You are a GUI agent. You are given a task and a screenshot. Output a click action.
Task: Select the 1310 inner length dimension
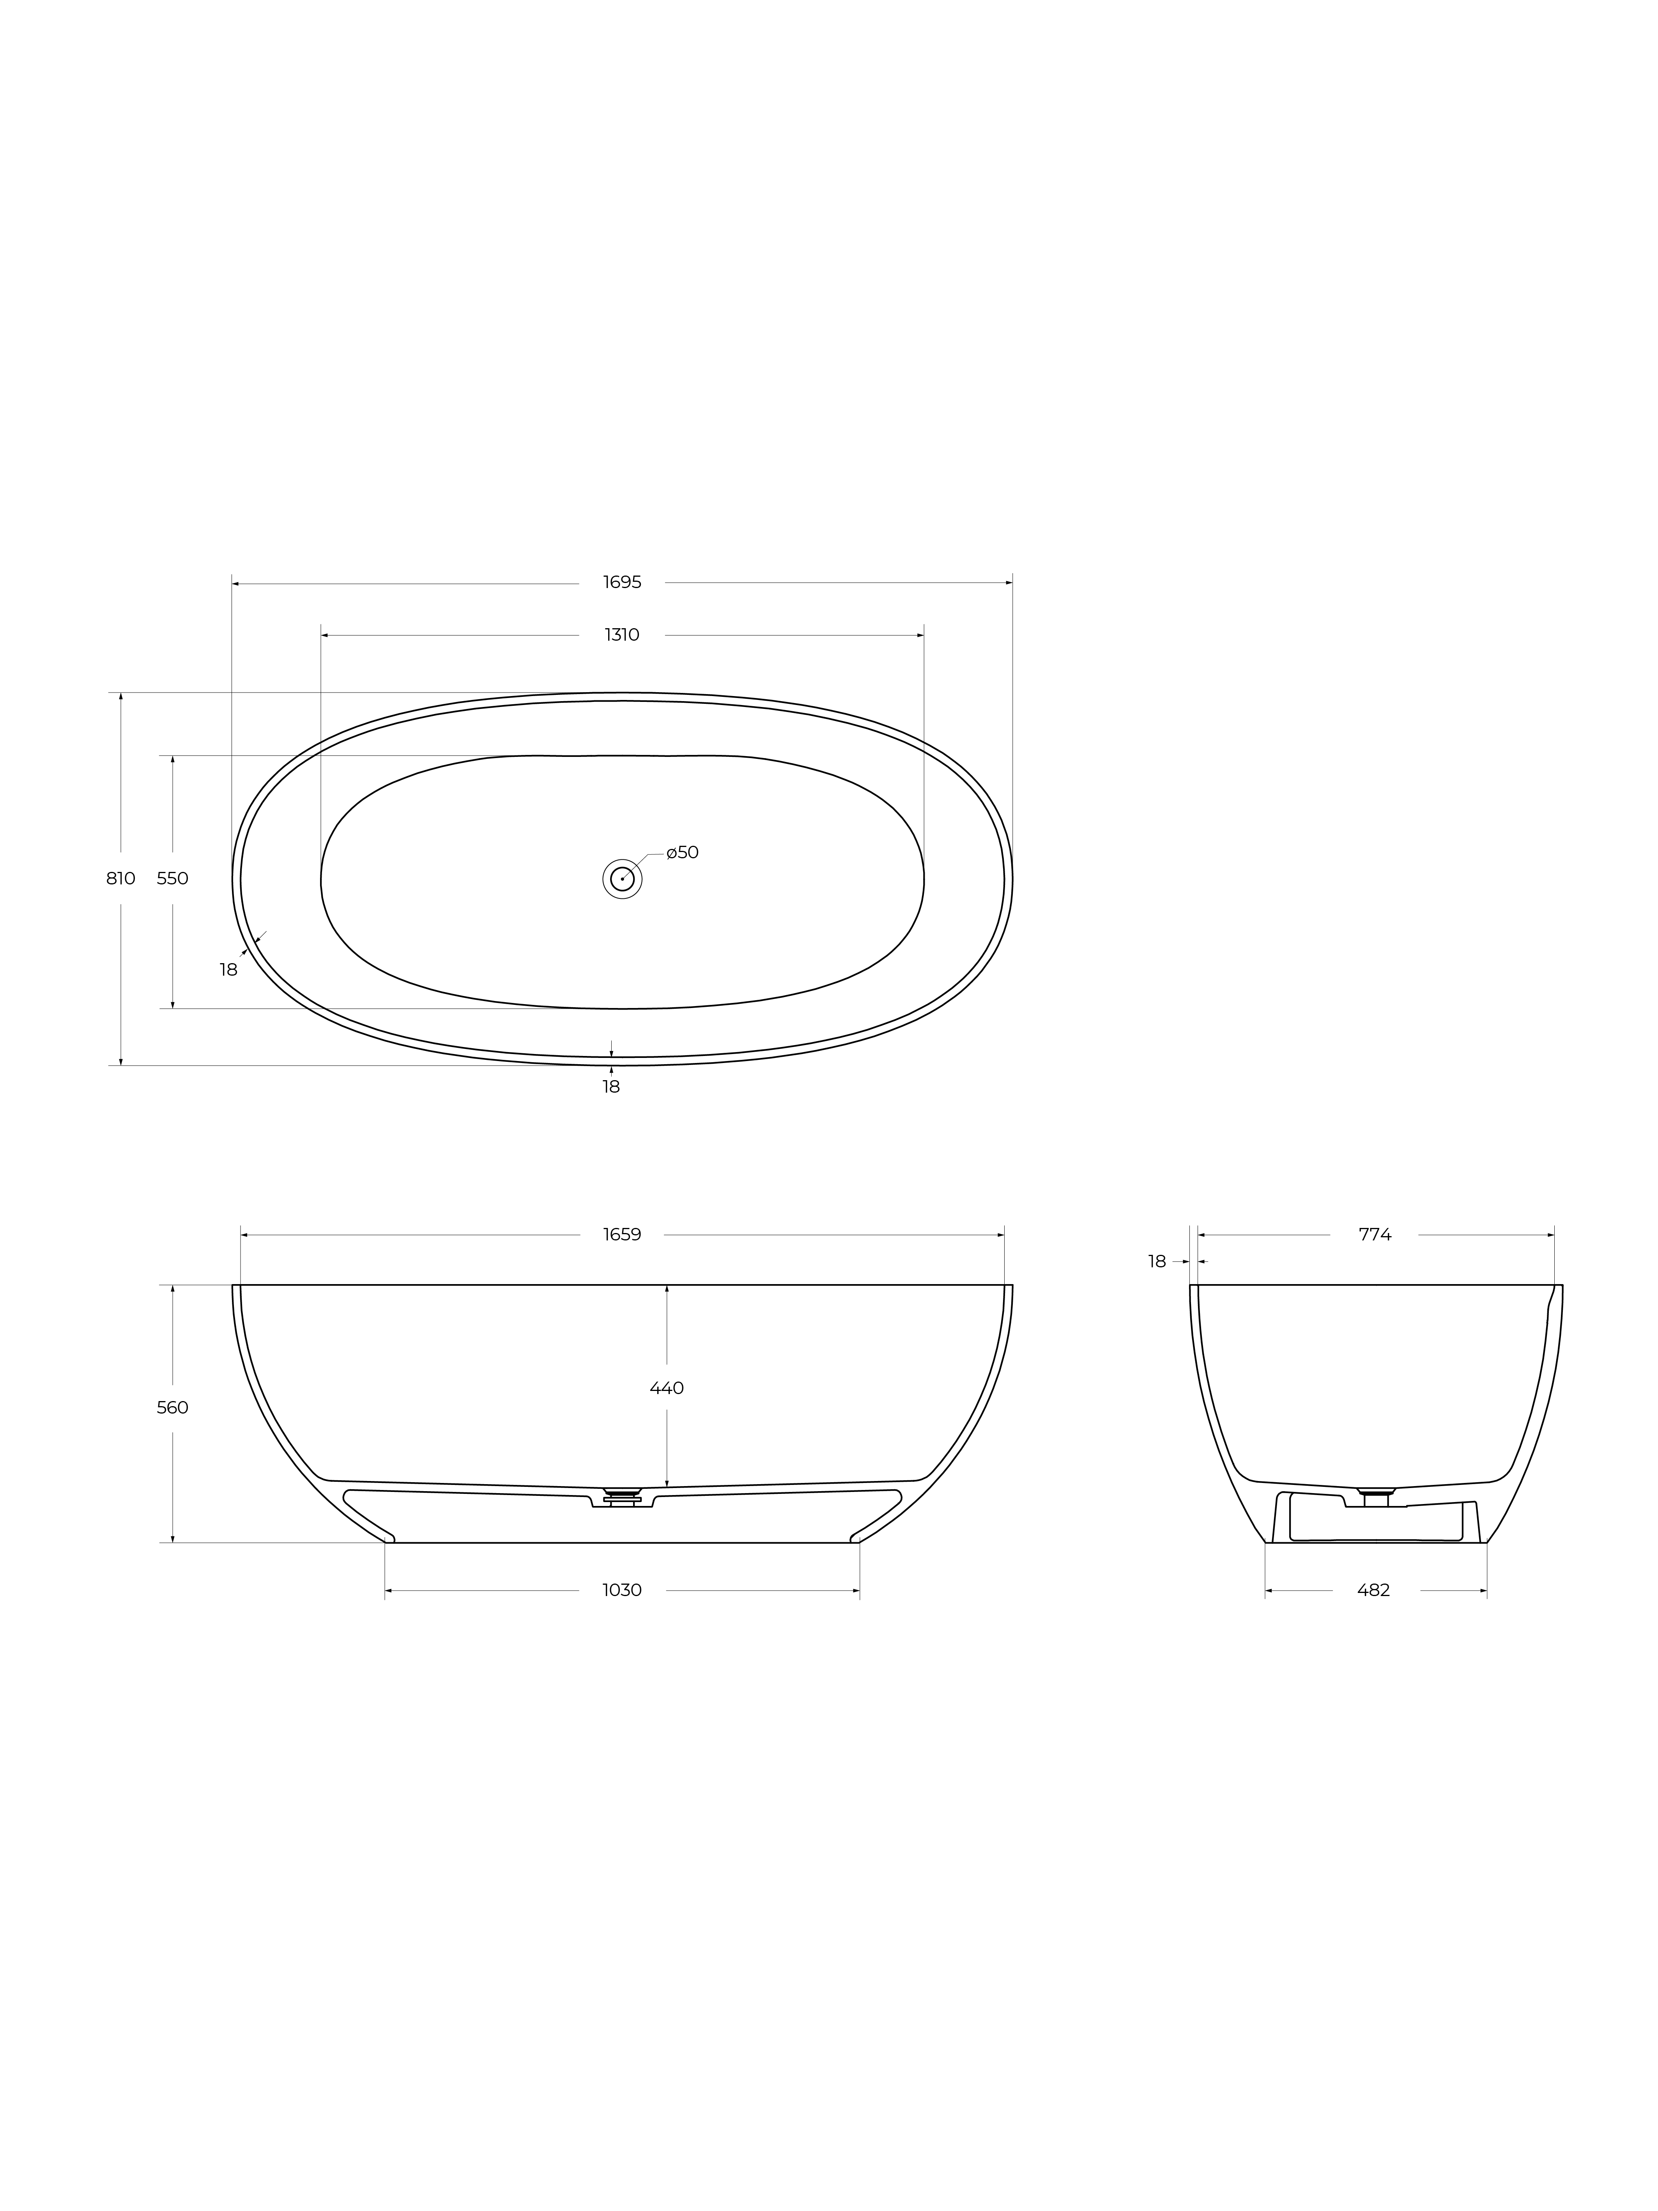(x=622, y=635)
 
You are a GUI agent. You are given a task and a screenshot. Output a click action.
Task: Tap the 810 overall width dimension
(x=121, y=879)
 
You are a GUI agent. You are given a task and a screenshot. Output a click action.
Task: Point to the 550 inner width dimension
(x=173, y=879)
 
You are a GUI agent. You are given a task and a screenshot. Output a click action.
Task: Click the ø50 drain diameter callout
(x=683, y=852)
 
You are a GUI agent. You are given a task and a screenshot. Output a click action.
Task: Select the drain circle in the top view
(x=622, y=859)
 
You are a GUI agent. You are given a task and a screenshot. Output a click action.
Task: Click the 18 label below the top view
(x=612, y=1086)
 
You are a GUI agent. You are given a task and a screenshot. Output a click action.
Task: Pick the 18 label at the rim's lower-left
(x=229, y=969)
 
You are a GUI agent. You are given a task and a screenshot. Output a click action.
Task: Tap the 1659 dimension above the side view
(x=622, y=1235)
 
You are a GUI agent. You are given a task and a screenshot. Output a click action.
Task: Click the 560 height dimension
(x=173, y=1407)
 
